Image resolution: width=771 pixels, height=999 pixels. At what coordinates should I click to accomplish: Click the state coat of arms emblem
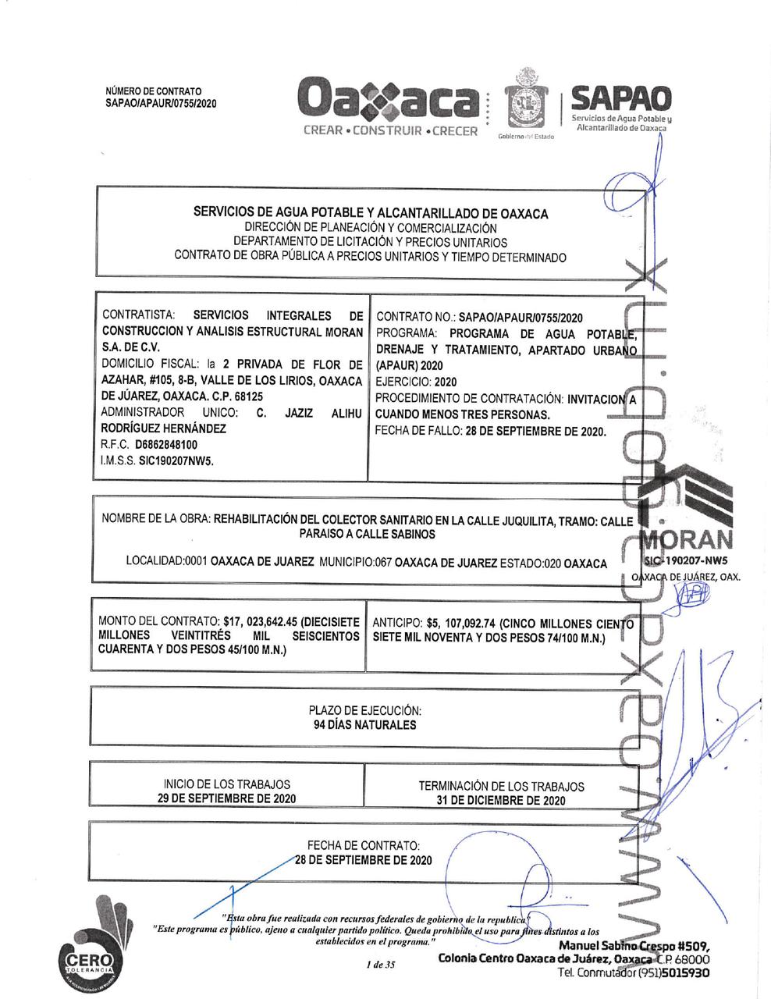tap(521, 101)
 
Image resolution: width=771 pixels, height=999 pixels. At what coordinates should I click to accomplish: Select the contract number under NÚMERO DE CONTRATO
tap(161, 103)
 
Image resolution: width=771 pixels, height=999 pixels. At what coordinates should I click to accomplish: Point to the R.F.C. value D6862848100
tap(165, 444)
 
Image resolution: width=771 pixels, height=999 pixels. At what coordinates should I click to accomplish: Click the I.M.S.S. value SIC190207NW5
tap(176, 460)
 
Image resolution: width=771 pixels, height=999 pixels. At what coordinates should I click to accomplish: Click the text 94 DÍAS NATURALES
tap(364, 725)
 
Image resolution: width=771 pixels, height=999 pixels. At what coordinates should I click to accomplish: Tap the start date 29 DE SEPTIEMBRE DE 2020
tap(226, 798)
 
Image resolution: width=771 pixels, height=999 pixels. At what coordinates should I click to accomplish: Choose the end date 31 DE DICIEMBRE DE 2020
tap(501, 800)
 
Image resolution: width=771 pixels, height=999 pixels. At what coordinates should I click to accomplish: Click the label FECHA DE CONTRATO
tap(364, 845)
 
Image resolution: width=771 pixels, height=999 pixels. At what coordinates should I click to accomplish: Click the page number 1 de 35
tap(381, 965)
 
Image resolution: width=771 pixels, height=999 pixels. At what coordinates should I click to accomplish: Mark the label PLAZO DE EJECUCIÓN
tap(364, 710)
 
